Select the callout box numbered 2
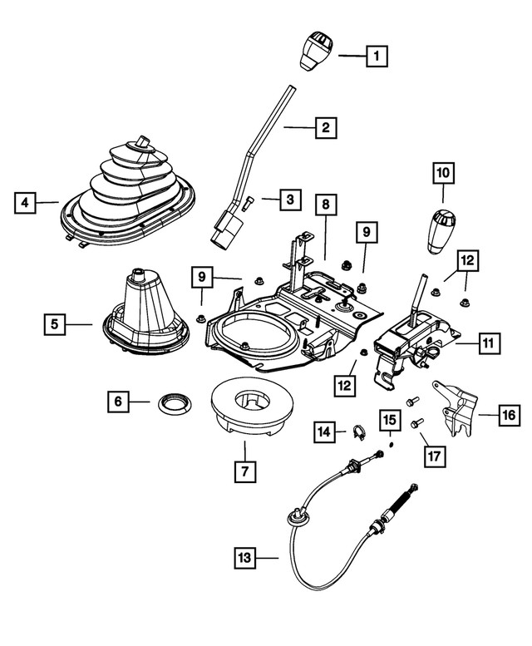(325, 128)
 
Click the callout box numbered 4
(26, 201)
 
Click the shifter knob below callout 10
(441, 232)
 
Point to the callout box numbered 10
(442, 173)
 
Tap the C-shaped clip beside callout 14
(359, 431)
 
